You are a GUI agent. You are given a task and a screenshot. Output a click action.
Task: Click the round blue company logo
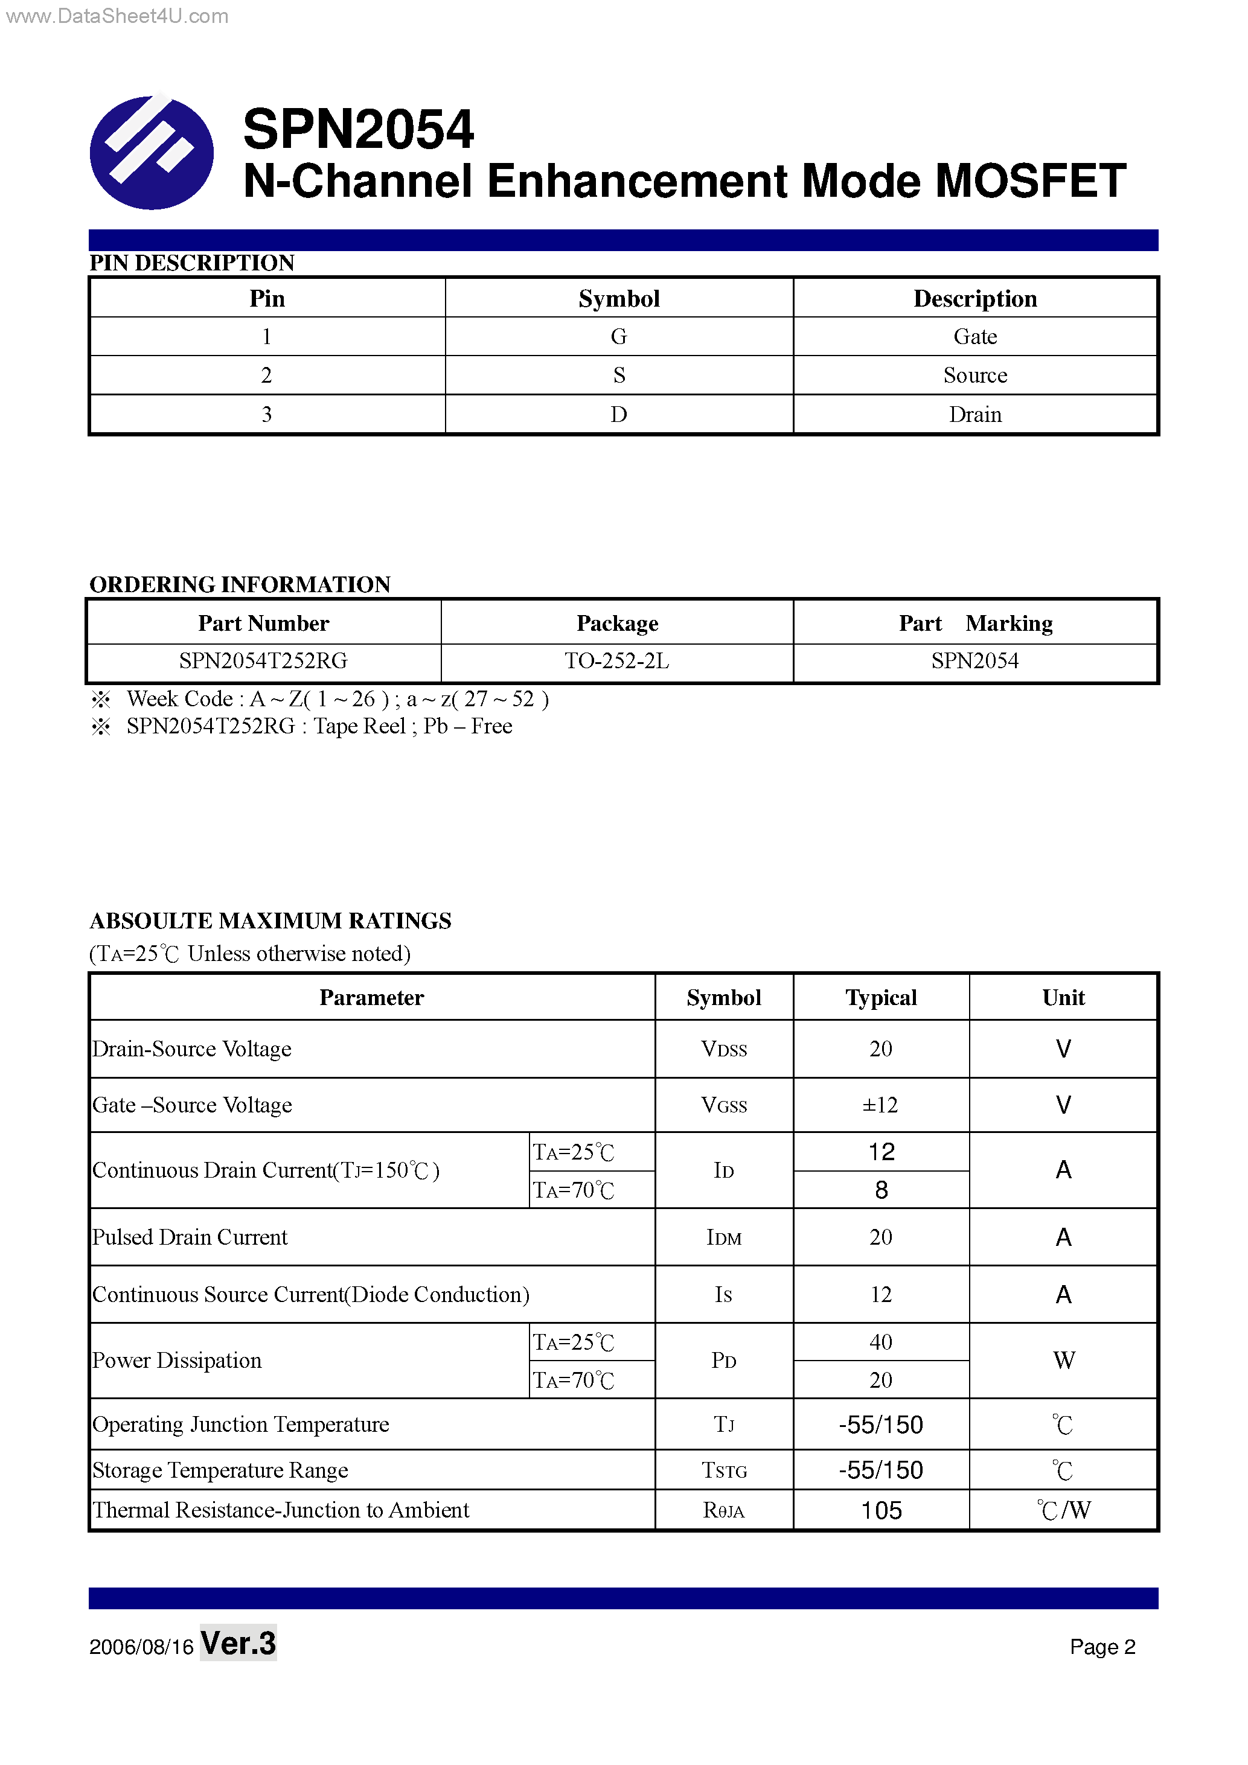pos(152,152)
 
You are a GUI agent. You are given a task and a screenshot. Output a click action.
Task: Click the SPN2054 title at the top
pos(357,129)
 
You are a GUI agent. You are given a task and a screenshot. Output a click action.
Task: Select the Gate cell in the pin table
pos(974,337)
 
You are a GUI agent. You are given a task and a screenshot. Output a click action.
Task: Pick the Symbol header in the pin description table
pos(618,298)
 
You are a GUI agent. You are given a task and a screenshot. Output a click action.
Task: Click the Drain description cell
pos(974,414)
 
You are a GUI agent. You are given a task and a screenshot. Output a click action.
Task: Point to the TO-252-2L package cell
pos(616,661)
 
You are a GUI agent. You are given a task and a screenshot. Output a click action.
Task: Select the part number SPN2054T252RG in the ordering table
pos(263,661)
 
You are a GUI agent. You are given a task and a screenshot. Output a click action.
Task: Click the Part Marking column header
pos(975,623)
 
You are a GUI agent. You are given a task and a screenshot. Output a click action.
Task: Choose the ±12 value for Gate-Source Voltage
pos(880,1105)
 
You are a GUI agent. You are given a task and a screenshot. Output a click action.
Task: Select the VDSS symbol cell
pos(723,1048)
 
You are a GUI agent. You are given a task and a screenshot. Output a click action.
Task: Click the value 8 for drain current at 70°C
pos(882,1190)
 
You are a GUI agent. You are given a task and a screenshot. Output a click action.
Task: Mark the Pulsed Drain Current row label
pos(190,1237)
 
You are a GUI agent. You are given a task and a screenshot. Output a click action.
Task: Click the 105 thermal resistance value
pos(882,1510)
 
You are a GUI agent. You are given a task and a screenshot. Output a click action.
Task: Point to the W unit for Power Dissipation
pos(1063,1360)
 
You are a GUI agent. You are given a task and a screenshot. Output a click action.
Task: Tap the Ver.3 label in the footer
pos(238,1643)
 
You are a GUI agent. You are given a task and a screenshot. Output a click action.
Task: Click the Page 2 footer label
pos(1102,1647)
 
